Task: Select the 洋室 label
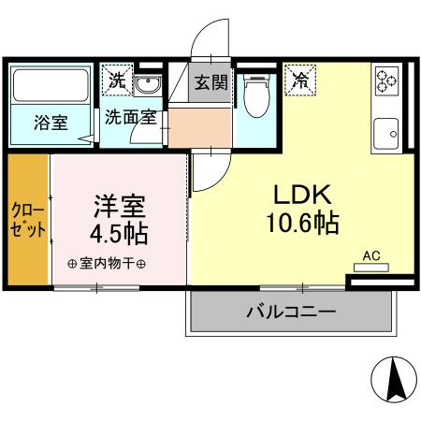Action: click(119, 204)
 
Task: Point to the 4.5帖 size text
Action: click(119, 230)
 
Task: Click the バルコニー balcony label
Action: click(291, 312)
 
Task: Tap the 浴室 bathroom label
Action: click(51, 123)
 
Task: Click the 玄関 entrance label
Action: click(211, 81)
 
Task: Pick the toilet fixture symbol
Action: click(254, 94)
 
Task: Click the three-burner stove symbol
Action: click(385, 80)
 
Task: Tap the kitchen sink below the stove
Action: click(385, 132)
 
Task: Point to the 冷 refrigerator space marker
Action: click(302, 80)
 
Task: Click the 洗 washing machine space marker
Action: click(116, 80)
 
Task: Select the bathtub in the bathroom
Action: click(51, 88)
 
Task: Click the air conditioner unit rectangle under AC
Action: click(371, 267)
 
